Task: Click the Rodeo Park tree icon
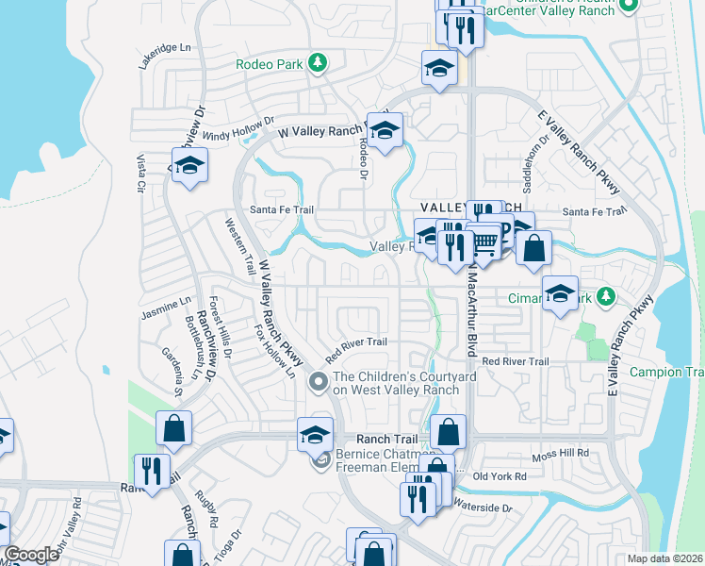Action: coord(319,63)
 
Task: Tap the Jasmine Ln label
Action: coord(165,306)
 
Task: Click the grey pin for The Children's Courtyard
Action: coord(319,382)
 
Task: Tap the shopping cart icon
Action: coord(484,244)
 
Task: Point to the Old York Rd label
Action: coord(499,476)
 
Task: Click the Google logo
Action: coord(31,555)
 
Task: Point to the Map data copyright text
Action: coord(664,558)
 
